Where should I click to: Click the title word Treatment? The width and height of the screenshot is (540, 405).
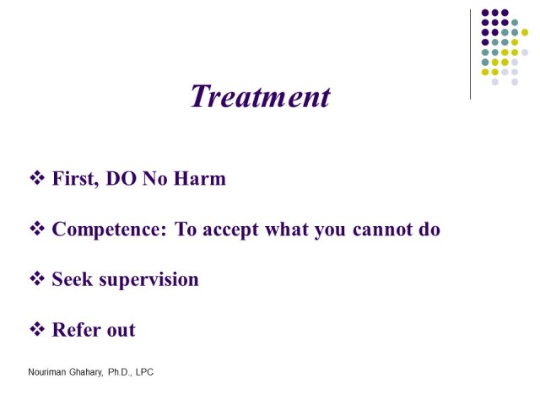point(260,96)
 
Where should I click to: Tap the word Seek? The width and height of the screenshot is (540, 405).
point(71,279)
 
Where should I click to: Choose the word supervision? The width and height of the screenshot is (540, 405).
point(148,280)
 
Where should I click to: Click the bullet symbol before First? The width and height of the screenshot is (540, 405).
point(37,179)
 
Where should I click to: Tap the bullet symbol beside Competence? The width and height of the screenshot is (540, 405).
point(37,229)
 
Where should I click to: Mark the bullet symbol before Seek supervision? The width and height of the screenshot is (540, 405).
point(37,279)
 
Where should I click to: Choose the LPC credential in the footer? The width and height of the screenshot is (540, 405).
point(154,371)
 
